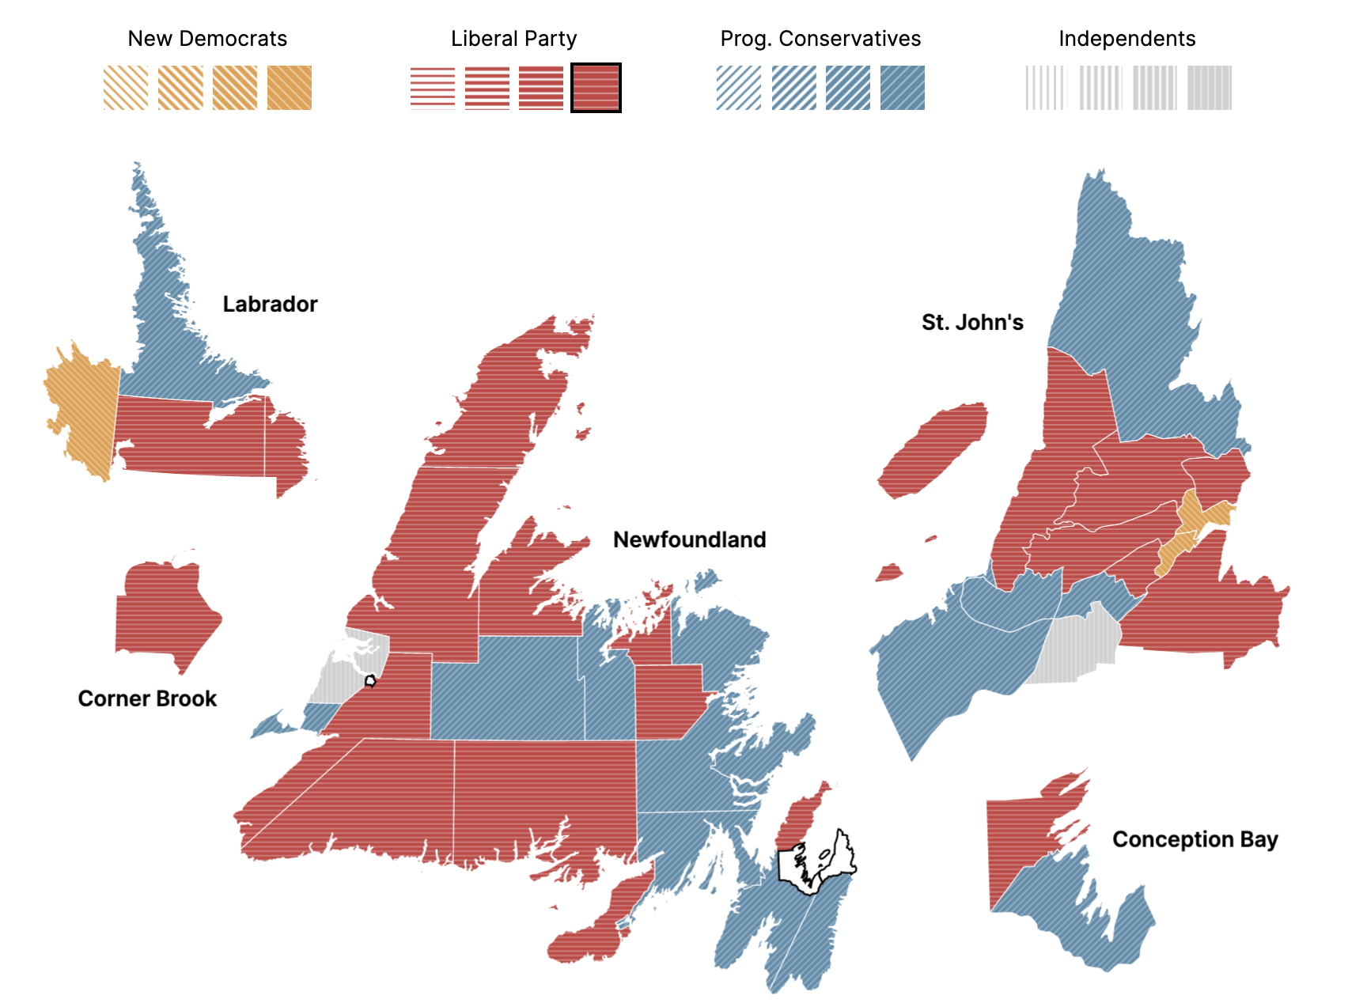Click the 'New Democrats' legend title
[x=207, y=39]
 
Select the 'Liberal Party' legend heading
[x=513, y=39]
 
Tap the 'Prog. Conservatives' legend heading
[x=820, y=39]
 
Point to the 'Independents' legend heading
[x=1126, y=39]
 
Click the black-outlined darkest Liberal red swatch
[x=596, y=88]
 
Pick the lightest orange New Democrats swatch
[x=126, y=88]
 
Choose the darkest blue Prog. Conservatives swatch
[x=902, y=88]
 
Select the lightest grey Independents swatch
[x=1046, y=88]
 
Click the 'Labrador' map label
[x=270, y=305]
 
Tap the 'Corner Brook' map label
[x=147, y=699]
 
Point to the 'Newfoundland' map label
[x=689, y=540]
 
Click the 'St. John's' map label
[x=972, y=323]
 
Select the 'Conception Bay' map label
[x=1195, y=839]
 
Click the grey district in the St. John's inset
[x=1076, y=649]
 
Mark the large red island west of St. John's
[x=933, y=451]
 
